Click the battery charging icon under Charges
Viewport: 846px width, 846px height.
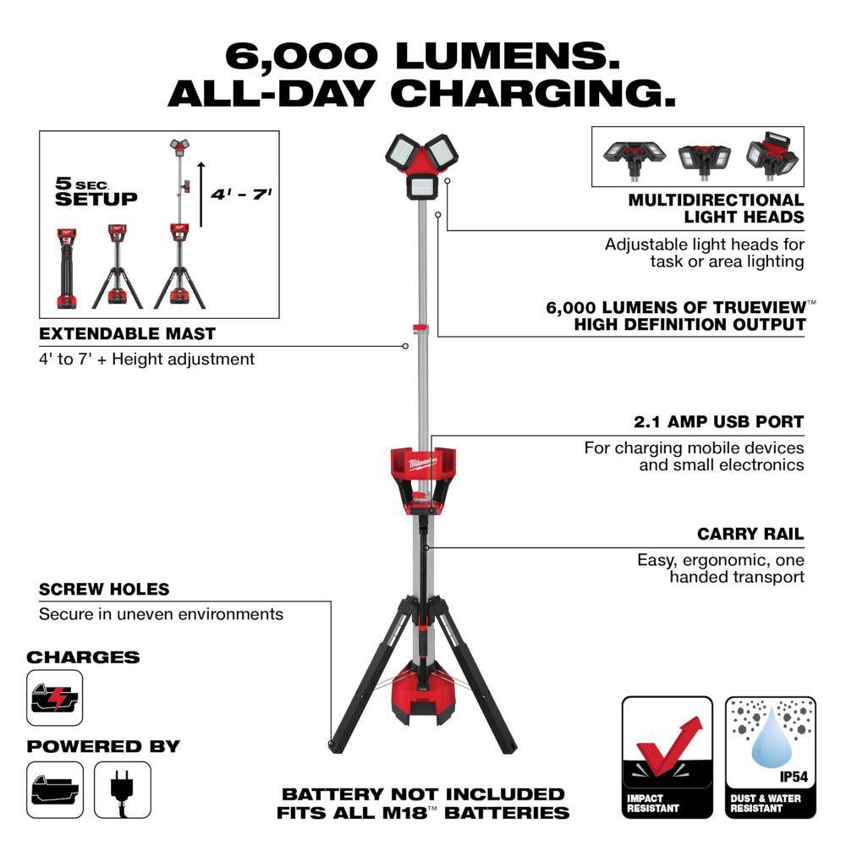55,698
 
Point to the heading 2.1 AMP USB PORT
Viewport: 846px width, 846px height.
718,421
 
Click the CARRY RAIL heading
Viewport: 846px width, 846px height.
750,534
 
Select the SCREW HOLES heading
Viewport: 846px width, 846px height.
104,589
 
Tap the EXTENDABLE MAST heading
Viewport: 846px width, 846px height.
127,333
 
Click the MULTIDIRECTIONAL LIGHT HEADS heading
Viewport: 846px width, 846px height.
716,208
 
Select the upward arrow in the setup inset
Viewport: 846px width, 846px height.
201,195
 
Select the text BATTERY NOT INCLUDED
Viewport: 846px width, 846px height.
422,794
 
